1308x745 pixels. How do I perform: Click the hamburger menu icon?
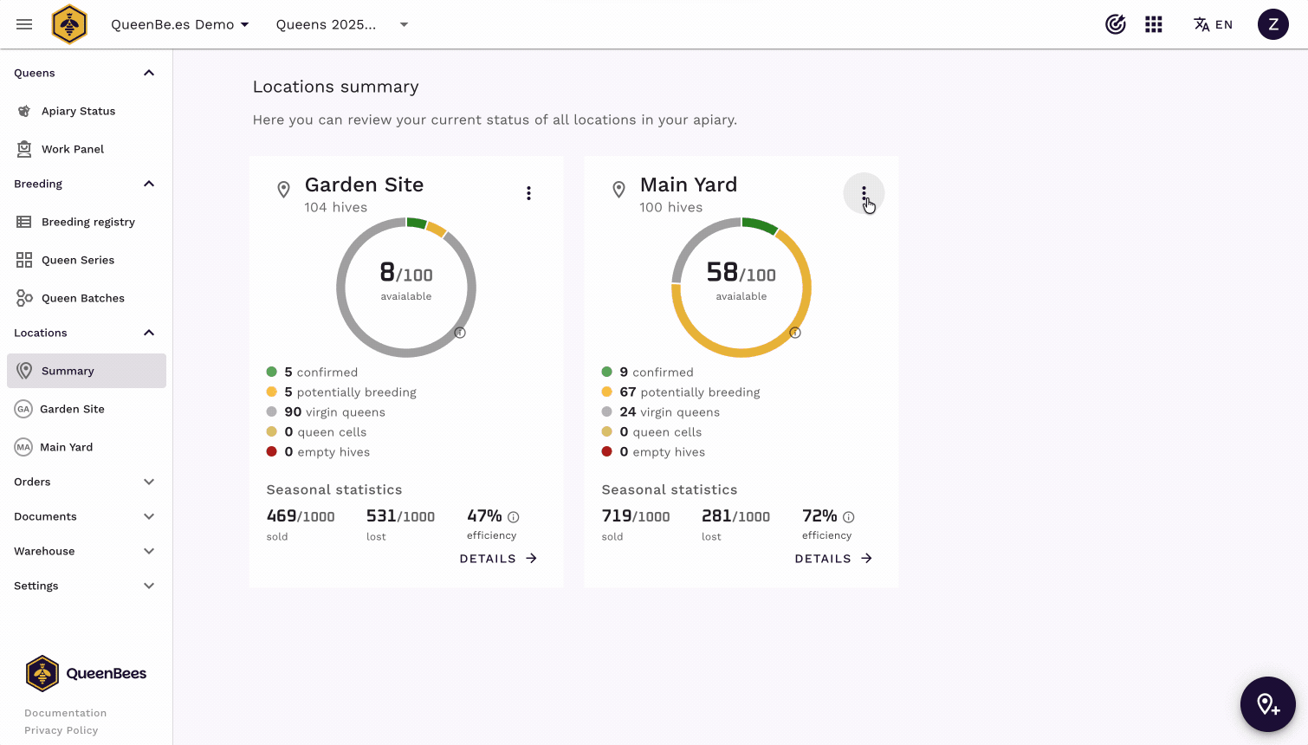24,24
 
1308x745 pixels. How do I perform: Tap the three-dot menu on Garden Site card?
528,193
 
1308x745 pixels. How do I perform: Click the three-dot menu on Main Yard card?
864,193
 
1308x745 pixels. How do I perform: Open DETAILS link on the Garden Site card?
498,559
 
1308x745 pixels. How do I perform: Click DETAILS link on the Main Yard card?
833,559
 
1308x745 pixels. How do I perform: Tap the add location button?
1267,704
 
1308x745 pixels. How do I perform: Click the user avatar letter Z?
1273,24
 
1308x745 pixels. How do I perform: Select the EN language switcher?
1213,24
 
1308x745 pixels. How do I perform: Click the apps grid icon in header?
1153,24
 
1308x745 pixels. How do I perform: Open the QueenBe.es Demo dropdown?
180,24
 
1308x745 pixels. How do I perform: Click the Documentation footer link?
66,713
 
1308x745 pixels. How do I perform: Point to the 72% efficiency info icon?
848,517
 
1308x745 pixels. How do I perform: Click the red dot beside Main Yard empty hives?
606,451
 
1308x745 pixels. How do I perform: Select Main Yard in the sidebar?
66,447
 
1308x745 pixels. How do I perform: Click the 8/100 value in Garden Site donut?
406,273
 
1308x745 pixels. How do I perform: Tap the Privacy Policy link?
61,730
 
